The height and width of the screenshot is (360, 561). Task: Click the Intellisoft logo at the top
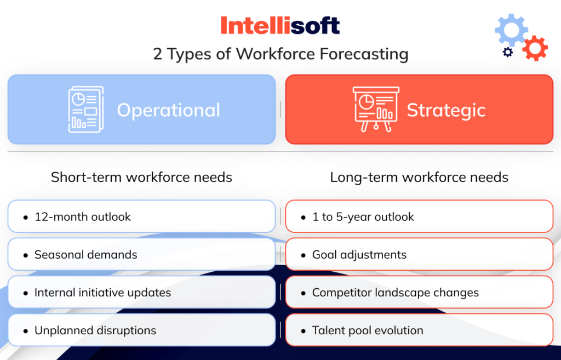pyautogui.click(x=280, y=25)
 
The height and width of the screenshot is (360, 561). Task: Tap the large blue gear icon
pyautogui.click(x=511, y=30)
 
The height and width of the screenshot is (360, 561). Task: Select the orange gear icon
pyautogui.click(x=535, y=48)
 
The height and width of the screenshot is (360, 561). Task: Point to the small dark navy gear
pyautogui.click(x=508, y=52)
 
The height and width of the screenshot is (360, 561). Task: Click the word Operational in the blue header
pyautogui.click(x=168, y=110)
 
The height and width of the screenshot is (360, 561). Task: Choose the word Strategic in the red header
pyautogui.click(x=446, y=110)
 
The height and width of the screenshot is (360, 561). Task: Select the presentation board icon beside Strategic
pyautogui.click(x=376, y=109)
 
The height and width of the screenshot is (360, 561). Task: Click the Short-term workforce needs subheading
pyautogui.click(x=141, y=178)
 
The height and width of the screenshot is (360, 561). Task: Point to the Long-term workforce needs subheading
pyautogui.click(x=419, y=178)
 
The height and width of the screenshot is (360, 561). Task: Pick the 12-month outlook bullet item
pyautogui.click(x=83, y=217)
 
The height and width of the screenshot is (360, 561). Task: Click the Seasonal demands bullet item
pyautogui.click(x=85, y=255)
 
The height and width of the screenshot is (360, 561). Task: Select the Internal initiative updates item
pyautogui.click(x=102, y=293)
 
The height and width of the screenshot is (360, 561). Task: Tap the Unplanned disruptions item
pyautogui.click(x=95, y=330)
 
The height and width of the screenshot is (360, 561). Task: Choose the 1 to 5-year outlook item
pyautogui.click(x=363, y=217)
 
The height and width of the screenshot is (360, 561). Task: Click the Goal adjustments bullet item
pyautogui.click(x=359, y=255)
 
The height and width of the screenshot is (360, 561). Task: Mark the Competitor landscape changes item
pyautogui.click(x=395, y=293)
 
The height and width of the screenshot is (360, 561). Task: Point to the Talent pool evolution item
pyautogui.click(x=368, y=330)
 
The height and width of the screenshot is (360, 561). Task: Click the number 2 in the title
pyautogui.click(x=158, y=54)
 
